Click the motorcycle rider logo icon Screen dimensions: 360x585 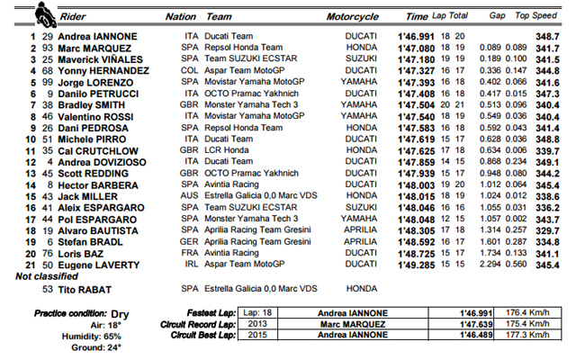pos(42,13)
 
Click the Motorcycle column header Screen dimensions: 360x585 pos(349,16)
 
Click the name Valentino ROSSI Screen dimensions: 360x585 pos(100,116)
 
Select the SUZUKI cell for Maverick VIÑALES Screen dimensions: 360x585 pos(360,58)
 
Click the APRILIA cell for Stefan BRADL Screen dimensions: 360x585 pos(361,242)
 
